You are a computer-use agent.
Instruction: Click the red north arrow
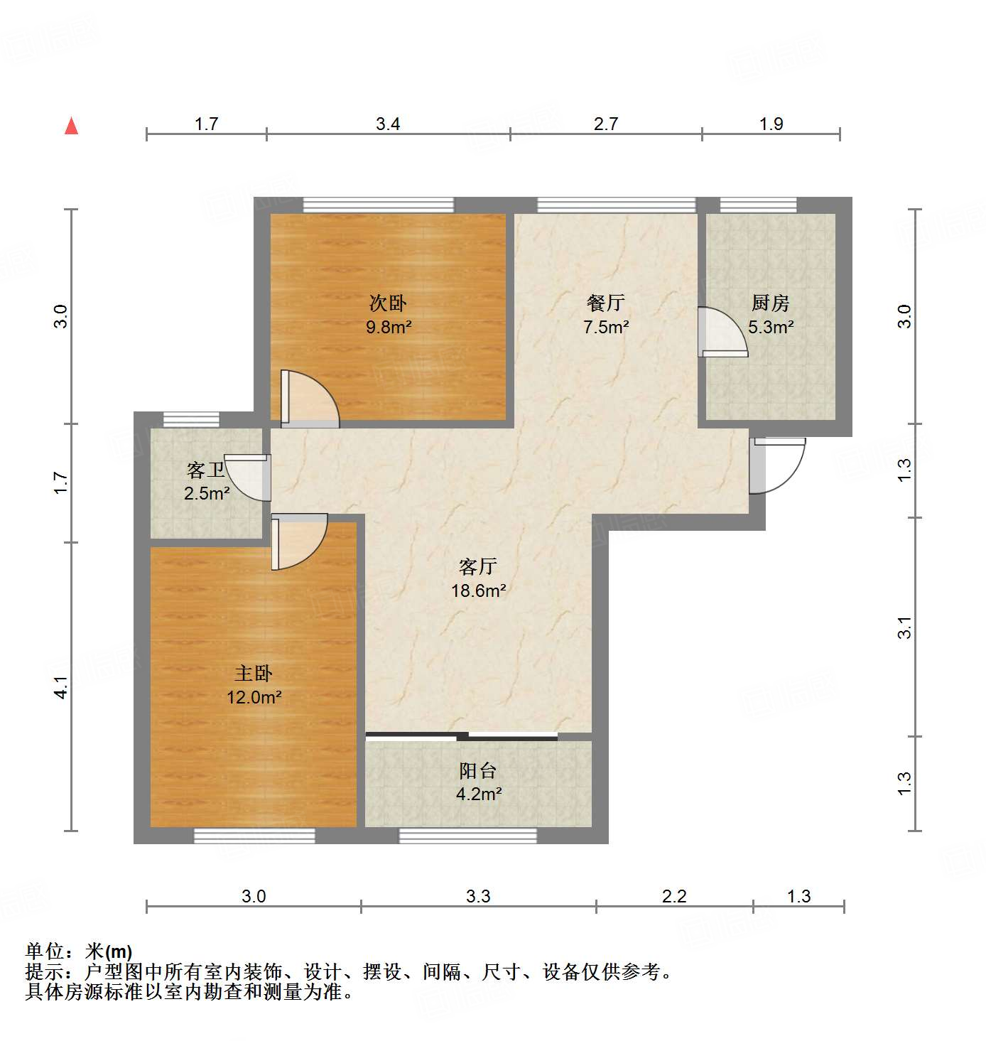click(x=71, y=126)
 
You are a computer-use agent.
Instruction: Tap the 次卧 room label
click(x=388, y=303)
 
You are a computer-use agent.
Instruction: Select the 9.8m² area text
click(x=389, y=327)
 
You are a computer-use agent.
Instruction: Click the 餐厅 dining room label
click(x=606, y=303)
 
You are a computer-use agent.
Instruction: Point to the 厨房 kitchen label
click(x=771, y=303)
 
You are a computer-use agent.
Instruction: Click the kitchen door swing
click(x=722, y=332)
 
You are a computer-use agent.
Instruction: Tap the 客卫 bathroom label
click(x=206, y=470)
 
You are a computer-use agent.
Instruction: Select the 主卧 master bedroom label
click(x=254, y=673)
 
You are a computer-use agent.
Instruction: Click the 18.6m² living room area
click(x=478, y=590)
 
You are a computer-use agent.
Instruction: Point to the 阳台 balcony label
click(x=477, y=770)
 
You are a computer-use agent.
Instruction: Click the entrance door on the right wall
click(x=777, y=465)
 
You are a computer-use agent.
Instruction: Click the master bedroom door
click(x=298, y=541)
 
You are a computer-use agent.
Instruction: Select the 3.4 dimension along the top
click(x=388, y=124)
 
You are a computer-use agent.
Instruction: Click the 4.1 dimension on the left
click(x=61, y=686)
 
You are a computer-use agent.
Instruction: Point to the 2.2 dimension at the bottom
click(x=674, y=896)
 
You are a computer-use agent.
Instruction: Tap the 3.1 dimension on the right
click(x=904, y=627)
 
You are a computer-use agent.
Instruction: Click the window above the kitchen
click(x=758, y=205)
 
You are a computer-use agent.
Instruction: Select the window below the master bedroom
click(x=254, y=836)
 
